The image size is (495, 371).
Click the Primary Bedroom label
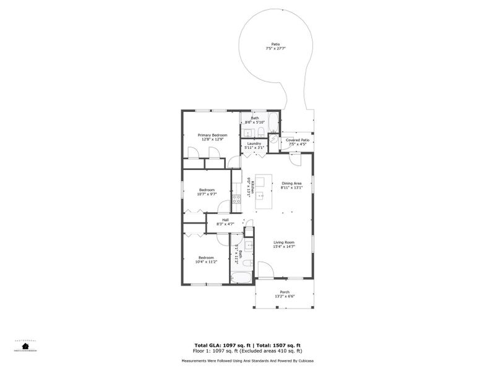[212, 135]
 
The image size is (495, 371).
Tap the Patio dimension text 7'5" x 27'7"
[275, 48]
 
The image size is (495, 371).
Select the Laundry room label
[254, 143]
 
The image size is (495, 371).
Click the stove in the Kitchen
[236, 199]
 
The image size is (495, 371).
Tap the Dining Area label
[291, 183]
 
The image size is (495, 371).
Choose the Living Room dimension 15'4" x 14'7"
[284, 247]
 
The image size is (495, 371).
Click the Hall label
[226, 220]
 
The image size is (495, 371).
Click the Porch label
[285, 291]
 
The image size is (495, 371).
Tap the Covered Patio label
[298, 140]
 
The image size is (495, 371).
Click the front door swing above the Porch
[265, 270]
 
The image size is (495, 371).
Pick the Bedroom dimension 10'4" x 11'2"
[207, 262]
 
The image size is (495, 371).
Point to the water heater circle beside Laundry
[274, 140]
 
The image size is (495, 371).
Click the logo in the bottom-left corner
[25, 345]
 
